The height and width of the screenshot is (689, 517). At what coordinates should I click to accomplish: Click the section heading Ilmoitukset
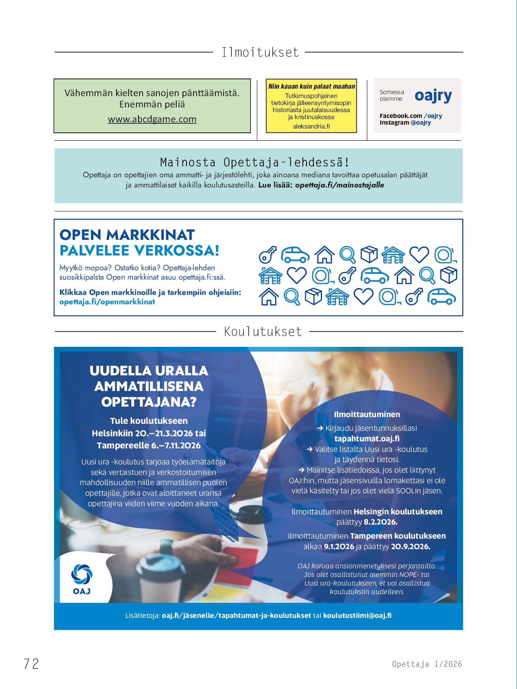[260, 52]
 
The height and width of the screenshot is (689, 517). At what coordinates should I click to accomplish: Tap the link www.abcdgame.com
[152, 119]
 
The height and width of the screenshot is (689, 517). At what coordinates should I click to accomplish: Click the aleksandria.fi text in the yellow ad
[311, 127]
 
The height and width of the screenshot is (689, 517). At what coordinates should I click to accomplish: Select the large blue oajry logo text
[433, 96]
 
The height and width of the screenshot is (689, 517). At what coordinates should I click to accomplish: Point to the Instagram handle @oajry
[421, 123]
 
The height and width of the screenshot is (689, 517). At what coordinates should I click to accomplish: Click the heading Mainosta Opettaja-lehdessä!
[255, 162]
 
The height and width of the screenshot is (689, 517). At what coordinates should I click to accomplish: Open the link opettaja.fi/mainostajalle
[340, 185]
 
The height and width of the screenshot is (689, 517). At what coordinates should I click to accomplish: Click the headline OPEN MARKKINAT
[127, 235]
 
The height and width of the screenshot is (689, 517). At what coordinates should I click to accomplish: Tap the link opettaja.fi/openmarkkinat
[107, 302]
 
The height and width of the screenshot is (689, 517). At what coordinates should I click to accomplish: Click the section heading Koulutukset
[263, 332]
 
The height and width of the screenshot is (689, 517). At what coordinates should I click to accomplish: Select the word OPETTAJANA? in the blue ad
[149, 402]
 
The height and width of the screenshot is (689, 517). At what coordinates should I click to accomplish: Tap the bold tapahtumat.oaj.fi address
[367, 439]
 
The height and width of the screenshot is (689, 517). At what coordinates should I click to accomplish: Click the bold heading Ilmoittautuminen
[367, 414]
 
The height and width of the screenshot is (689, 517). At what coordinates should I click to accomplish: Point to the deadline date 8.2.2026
[381, 522]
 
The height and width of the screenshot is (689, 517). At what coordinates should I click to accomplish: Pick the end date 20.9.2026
[410, 547]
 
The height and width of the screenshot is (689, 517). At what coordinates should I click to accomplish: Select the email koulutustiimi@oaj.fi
[357, 616]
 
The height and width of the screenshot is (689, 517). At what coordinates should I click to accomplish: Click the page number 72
[31, 664]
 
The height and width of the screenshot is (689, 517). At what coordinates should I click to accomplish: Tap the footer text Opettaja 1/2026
[427, 664]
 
